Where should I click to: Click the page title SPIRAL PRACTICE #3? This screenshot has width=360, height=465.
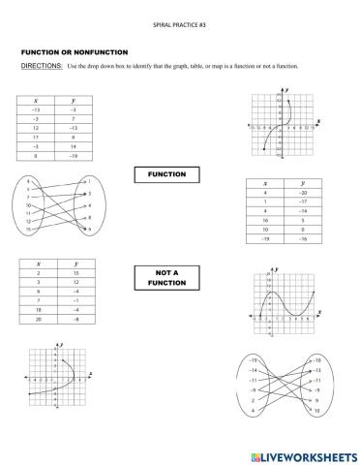pyautogui.click(x=179, y=21)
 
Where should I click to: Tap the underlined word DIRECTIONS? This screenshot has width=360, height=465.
pyautogui.click(x=40, y=65)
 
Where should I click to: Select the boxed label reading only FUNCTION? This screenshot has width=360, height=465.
pyautogui.click(x=172, y=175)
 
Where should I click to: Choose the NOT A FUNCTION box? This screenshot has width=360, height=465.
pyautogui.click(x=172, y=279)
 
